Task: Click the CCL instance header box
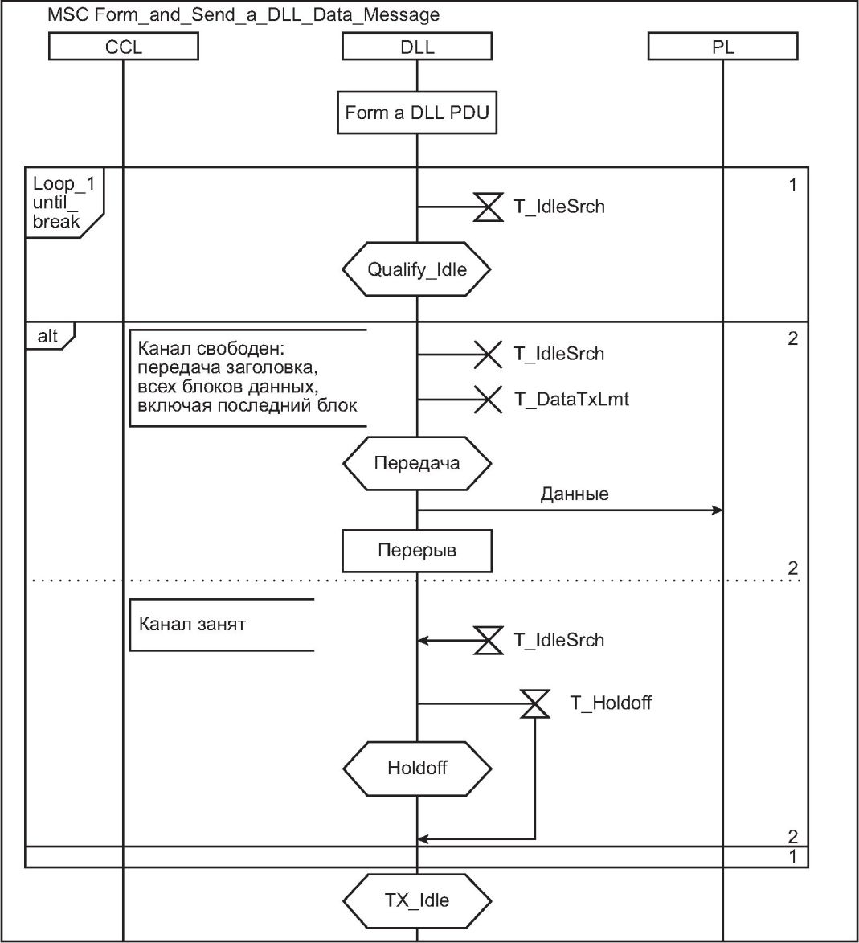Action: (x=123, y=47)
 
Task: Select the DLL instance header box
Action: (x=416, y=47)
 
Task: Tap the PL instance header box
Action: (x=722, y=47)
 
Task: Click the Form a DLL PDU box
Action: (x=416, y=113)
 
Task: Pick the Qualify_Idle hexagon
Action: (x=416, y=269)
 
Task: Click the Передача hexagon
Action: (x=416, y=463)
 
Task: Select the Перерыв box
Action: (x=416, y=551)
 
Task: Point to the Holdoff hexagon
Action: (x=416, y=768)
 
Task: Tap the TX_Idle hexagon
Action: (x=416, y=900)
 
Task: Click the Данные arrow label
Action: (x=574, y=494)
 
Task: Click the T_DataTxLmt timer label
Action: (x=571, y=399)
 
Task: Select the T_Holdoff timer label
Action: (x=611, y=703)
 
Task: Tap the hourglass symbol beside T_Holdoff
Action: (x=535, y=703)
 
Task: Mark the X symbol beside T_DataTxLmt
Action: (x=487, y=399)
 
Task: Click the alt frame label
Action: (x=48, y=336)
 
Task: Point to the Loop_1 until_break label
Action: (x=63, y=203)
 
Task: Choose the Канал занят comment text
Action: (x=192, y=624)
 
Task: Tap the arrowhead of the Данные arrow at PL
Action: (x=718, y=510)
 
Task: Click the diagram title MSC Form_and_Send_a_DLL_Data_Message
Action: (x=243, y=15)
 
